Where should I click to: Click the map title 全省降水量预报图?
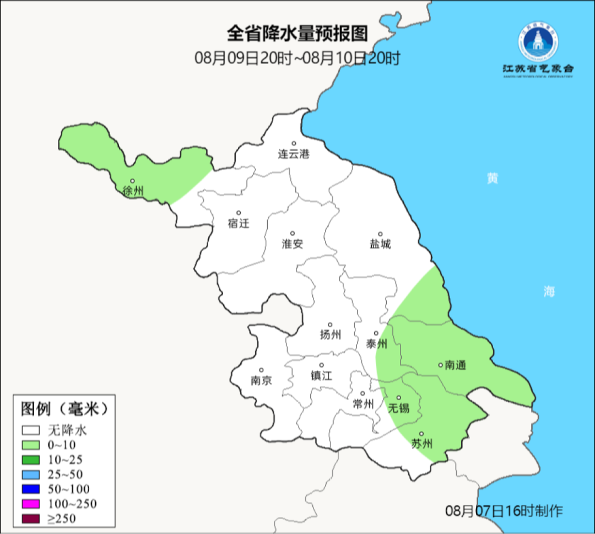click(x=297, y=34)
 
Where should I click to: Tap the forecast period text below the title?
click(x=297, y=57)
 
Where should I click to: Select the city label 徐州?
click(x=133, y=191)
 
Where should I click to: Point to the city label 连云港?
click(x=294, y=154)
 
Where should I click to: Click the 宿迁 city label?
click(x=239, y=224)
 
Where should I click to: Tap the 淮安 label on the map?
click(x=293, y=244)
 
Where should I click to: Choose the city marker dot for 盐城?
click(x=380, y=234)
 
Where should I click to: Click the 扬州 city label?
click(x=330, y=335)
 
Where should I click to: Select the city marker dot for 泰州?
click(x=376, y=333)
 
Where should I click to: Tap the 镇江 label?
click(x=321, y=376)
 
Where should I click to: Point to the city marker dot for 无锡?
click(x=399, y=397)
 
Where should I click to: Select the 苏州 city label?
click(x=422, y=444)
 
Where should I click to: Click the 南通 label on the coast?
click(x=455, y=365)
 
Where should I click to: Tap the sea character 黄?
click(x=492, y=179)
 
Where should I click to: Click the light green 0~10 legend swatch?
click(x=31, y=445)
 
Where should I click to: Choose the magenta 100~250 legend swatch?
click(x=31, y=504)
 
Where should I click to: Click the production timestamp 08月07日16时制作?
click(x=504, y=511)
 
